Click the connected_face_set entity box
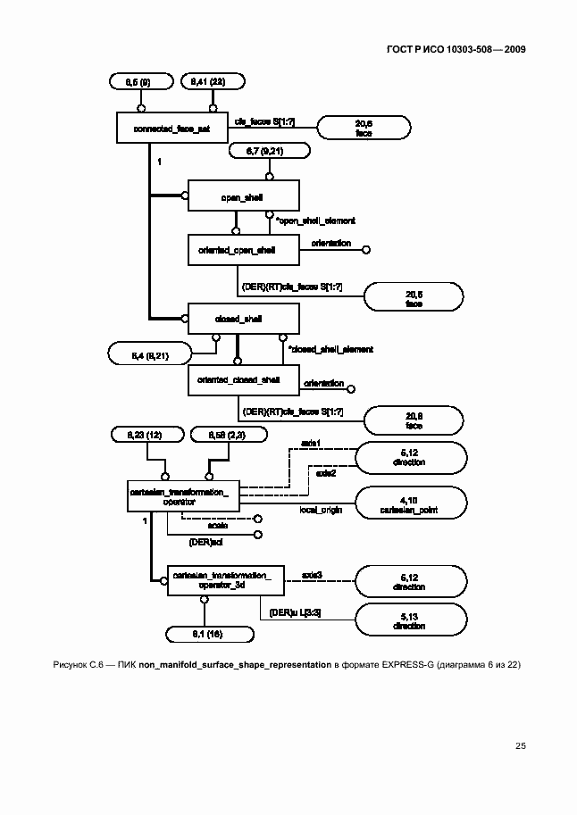click(x=172, y=129)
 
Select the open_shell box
click(x=242, y=194)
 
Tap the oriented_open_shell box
click(x=237, y=251)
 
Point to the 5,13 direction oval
click(x=411, y=620)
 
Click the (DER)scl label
click(x=204, y=541)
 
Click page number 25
click(x=520, y=745)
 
